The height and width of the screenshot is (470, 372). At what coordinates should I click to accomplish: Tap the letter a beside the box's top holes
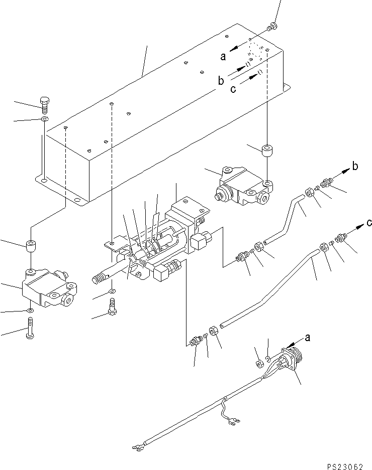pyautogui.click(x=223, y=57)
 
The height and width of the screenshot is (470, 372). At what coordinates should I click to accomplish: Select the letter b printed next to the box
pyautogui.click(x=220, y=81)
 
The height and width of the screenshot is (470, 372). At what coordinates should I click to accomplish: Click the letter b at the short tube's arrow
pyautogui.click(x=354, y=167)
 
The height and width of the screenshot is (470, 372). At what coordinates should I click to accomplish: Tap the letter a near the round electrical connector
pyautogui.click(x=307, y=338)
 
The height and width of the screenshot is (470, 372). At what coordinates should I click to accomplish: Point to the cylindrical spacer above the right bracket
pyautogui.click(x=266, y=150)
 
